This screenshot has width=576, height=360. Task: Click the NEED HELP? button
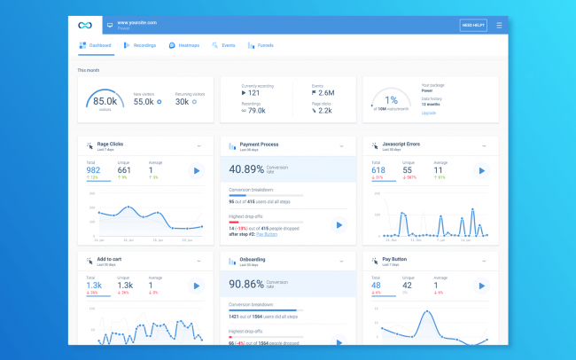[x=473, y=26]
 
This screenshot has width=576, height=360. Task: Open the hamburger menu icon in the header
[x=499, y=26]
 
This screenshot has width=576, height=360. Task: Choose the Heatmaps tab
[x=184, y=44]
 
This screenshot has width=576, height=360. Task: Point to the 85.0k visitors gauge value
[x=105, y=101]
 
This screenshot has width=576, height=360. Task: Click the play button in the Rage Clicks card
[x=196, y=170]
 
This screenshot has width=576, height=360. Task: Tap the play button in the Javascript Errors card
[x=481, y=170]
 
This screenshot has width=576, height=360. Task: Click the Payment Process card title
[x=259, y=145]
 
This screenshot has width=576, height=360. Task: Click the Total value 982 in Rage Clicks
[x=94, y=169]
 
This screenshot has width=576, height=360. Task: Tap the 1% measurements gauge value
[x=391, y=100]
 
